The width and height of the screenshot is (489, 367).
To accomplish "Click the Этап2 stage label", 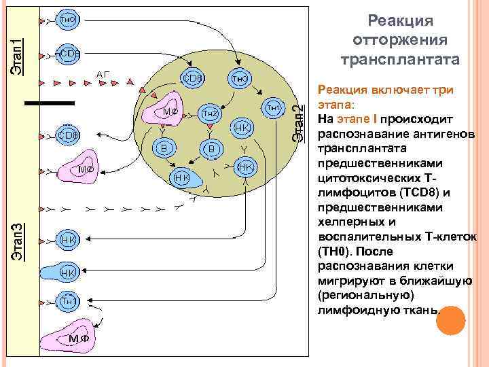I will click(x=298, y=123).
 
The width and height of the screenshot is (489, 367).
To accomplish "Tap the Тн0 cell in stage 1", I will click(x=67, y=20).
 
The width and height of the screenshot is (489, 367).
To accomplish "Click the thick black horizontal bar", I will click(x=49, y=103).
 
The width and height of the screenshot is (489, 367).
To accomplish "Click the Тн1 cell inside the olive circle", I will click(x=272, y=107).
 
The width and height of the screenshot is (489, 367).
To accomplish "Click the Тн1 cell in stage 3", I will click(x=67, y=300).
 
